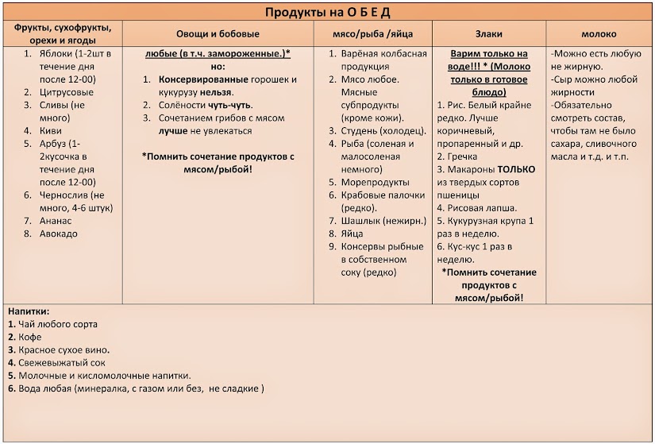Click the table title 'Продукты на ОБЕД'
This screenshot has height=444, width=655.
pos(328,12)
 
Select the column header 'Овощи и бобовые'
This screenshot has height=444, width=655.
pos(218,34)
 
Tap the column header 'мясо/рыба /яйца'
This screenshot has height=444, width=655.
pos(372,34)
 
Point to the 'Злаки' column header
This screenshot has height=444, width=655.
pos(488,34)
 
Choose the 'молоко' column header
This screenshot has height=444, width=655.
pos(599,34)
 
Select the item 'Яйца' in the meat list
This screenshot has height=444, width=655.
pos(352,234)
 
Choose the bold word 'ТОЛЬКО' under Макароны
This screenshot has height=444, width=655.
pos(516,169)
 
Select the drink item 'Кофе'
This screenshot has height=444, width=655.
pos(29,337)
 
